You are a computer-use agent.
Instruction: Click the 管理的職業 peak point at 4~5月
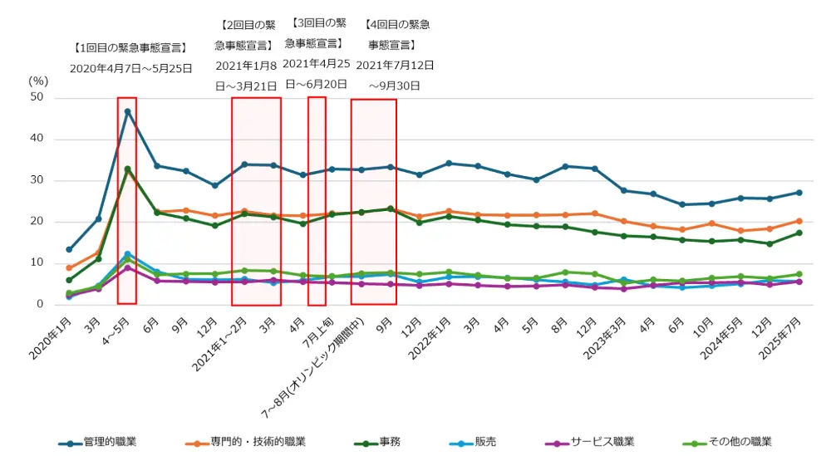point(127,111)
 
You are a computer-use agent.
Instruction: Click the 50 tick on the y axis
point(37,98)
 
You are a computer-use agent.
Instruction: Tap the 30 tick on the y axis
point(37,180)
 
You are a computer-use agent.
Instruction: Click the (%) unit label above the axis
point(39,81)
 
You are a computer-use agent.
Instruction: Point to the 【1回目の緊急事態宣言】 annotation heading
point(130,48)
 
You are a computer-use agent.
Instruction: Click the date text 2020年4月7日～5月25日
point(130,69)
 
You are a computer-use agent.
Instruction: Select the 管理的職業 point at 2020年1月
point(69,249)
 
